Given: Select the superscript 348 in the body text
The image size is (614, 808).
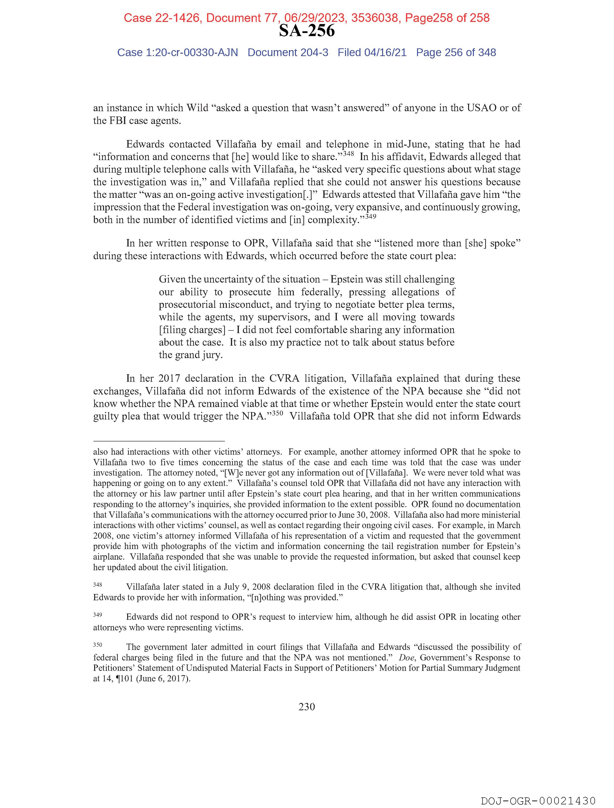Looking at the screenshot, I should click(348, 154).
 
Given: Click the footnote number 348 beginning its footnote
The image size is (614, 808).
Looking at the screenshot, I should click(98, 584).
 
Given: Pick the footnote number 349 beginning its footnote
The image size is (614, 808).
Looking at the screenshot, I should click(98, 614).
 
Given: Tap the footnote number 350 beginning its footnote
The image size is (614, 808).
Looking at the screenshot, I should click(98, 645).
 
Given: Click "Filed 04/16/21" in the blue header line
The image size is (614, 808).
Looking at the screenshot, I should click(372, 53).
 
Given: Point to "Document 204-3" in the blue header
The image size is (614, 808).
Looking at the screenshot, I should click(288, 53).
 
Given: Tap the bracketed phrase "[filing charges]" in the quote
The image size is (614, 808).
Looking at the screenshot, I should click(192, 330).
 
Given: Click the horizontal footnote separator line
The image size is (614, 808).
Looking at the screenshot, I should click(159, 441).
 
